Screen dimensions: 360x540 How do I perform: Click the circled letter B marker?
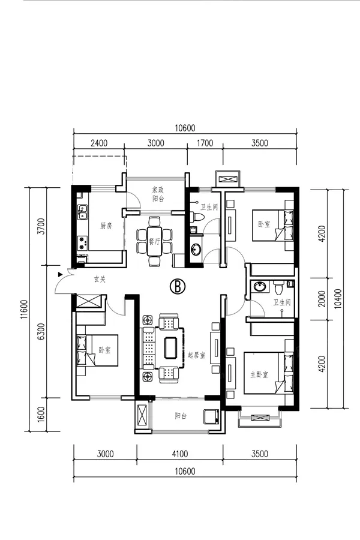pyautogui.click(x=178, y=286)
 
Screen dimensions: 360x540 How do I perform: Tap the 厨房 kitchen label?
pyautogui.click(x=106, y=226)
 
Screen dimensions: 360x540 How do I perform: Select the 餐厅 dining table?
pyautogui.click(x=154, y=241)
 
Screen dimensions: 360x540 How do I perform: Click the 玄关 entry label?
pyautogui.click(x=100, y=279)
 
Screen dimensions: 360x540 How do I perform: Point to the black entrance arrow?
pyautogui.click(x=60, y=274)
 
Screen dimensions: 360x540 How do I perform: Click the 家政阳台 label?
pyautogui.click(x=158, y=194)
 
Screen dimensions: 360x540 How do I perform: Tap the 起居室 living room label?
pyautogui.click(x=197, y=355)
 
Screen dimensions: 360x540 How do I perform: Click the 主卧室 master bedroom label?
pyautogui.click(x=259, y=374)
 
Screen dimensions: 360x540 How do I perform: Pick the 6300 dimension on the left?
pyautogui.click(x=41, y=331)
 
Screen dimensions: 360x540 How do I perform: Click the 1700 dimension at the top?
pyautogui.click(x=205, y=143)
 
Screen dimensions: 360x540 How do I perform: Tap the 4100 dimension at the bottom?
pyautogui.click(x=180, y=454)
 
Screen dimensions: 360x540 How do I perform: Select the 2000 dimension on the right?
pyautogui.click(x=322, y=299)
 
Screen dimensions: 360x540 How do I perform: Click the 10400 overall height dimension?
pyautogui.click(x=338, y=298)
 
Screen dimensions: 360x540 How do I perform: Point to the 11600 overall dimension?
pyautogui.click(x=24, y=309)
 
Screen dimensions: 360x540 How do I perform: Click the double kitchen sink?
pyautogui.click(x=82, y=212)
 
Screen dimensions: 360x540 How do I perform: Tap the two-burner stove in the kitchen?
pyautogui.click(x=82, y=242)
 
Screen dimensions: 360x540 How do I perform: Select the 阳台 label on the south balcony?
pyautogui.click(x=181, y=416)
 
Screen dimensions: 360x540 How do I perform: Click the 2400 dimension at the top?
pyautogui.click(x=99, y=143)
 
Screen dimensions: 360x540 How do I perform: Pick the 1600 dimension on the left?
pyautogui.click(x=41, y=414)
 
